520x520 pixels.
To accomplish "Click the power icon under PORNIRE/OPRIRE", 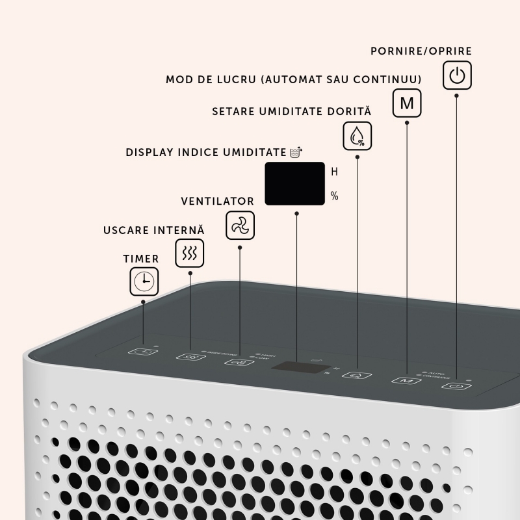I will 457,75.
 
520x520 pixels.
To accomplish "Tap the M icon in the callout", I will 407,103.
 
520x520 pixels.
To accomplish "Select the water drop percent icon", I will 357,135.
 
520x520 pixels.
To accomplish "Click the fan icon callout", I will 240,226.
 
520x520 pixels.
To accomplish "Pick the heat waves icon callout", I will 190,253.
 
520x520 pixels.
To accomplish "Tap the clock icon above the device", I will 143,281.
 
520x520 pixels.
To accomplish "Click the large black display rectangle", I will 294,183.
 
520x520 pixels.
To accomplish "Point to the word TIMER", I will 141,259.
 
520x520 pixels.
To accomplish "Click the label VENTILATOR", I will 217,201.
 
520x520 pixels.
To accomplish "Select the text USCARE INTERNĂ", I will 154,231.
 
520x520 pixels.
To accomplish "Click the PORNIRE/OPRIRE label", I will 421,51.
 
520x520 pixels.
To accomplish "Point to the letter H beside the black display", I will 335,172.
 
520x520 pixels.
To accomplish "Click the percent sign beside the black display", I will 335,196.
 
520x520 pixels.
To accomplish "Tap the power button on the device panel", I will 455,385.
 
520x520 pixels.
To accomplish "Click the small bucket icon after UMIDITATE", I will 296,152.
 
